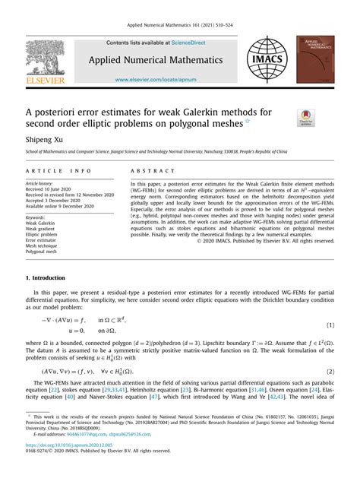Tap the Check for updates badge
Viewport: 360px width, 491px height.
(307, 118)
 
